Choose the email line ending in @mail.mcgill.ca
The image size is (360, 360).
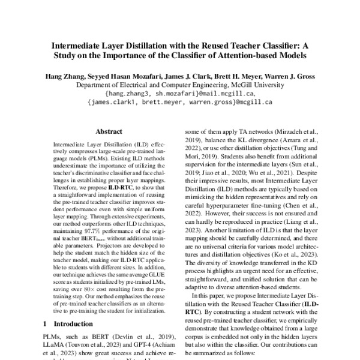(x=180, y=94)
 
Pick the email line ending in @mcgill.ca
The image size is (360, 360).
(x=180, y=102)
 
